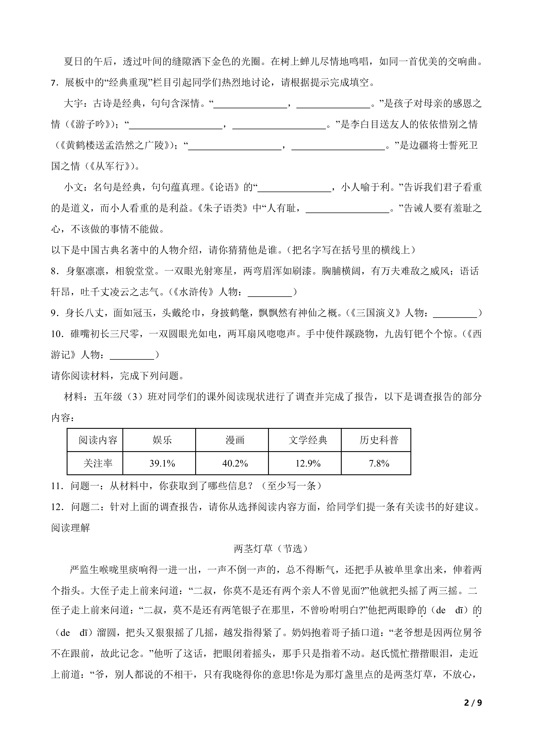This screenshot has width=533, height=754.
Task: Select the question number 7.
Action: tap(54, 83)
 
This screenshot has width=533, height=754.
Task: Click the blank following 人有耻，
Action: tap(347, 208)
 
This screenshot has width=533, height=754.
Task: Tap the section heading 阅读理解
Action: tap(71, 528)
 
